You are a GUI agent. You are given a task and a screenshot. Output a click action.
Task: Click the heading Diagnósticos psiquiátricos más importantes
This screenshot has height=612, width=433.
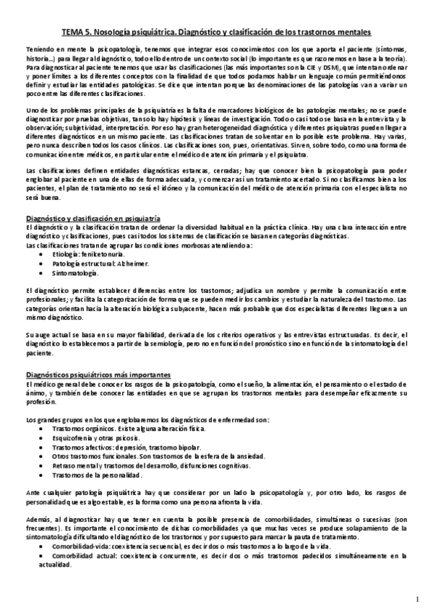click(x=98, y=375)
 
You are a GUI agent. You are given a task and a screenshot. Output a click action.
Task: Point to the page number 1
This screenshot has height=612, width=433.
click(x=417, y=598)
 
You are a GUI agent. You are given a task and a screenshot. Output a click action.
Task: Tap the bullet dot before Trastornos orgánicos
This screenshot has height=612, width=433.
click(x=45, y=429)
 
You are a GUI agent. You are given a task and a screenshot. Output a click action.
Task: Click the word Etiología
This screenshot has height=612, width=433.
click(x=65, y=255)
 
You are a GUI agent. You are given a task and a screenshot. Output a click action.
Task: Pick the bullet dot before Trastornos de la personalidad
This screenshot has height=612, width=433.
click(x=45, y=475)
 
